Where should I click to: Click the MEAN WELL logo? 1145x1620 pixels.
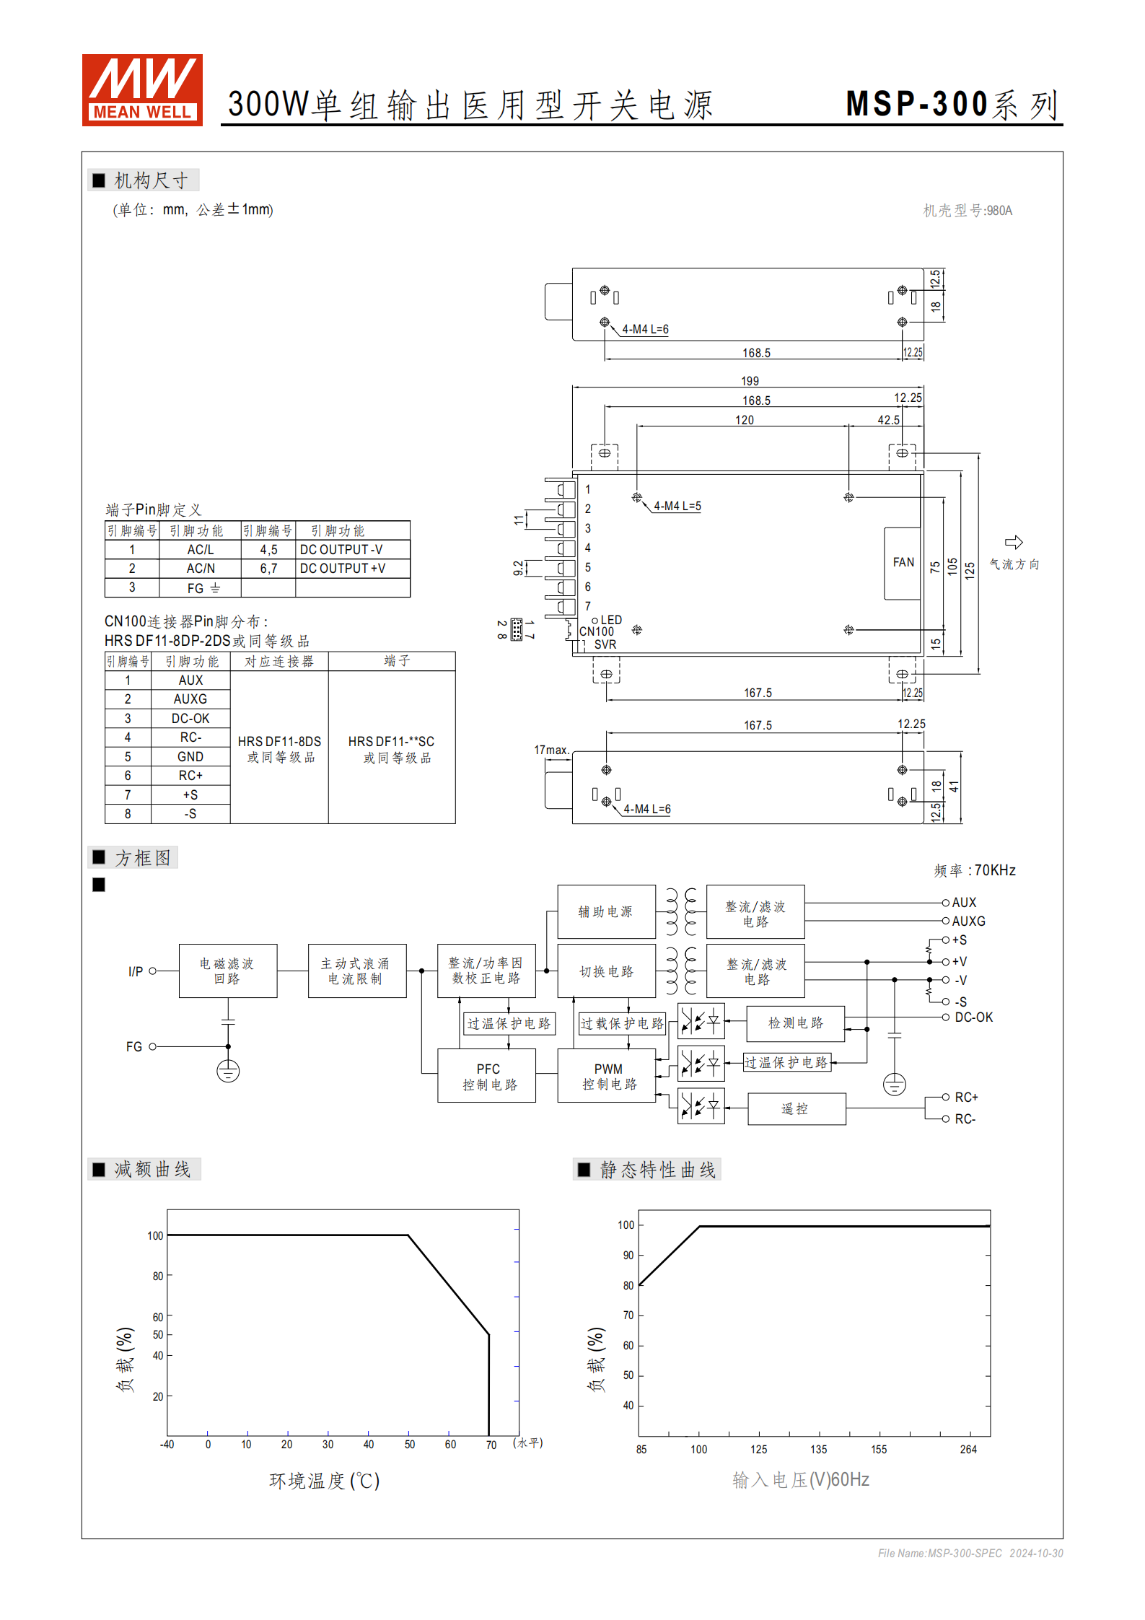pyautogui.click(x=142, y=89)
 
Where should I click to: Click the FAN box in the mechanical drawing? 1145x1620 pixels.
pyautogui.click(x=903, y=563)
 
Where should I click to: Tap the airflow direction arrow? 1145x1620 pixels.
pyautogui.click(x=1014, y=542)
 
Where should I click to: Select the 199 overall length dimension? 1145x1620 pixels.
pyautogui.click(x=750, y=381)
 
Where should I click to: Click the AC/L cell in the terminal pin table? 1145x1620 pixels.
pyautogui.click(x=200, y=550)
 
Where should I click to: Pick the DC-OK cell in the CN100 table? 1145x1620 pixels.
pyautogui.click(x=190, y=719)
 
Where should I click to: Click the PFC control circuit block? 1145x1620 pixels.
pyautogui.click(x=487, y=1076)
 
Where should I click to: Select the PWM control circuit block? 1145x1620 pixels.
pyautogui.click(x=607, y=1076)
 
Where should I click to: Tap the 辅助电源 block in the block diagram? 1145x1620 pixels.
pyautogui.click(x=606, y=911)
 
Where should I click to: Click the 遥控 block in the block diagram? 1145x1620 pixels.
pyautogui.click(x=796, y=1109)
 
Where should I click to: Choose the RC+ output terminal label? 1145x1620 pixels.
pyautogui.click(x=966, y=1098)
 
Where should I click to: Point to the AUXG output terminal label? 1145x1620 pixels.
pyautogui.click(x=968, y=921)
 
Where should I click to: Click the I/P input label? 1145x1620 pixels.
pyautogui.click(x=135, y=971)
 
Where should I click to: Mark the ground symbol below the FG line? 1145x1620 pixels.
pyautogui.click(x=228, y=1072)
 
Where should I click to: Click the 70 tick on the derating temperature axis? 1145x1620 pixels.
pyautogui.click(x=491, y=1445)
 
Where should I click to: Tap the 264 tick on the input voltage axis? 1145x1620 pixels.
pyautogui.click(x=968, y=1449)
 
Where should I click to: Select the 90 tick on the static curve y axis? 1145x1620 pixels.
pyautogui.click(x=628, y=1256)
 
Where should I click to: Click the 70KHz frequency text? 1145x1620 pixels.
pyautogui.click(x=995, y=870)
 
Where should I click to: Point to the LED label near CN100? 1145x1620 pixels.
pyautogui.click(x=611, y=620)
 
